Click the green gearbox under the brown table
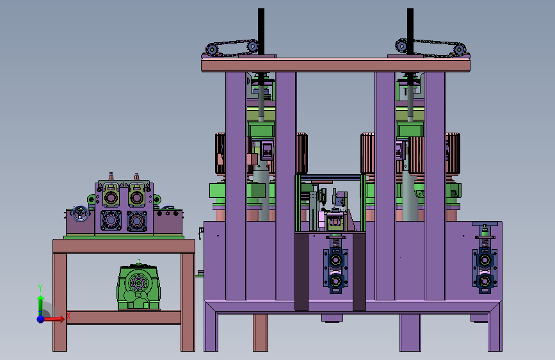point(138,286)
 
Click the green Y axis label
point(40,288)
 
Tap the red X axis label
point(68,316)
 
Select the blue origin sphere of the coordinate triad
point(41,319)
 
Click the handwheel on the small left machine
point(81,213)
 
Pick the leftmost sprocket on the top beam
point(212,49)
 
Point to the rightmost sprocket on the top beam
point(459,49)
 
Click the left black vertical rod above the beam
point(261,32)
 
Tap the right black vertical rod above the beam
point(410,32)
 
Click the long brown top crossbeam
point(335,65)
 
